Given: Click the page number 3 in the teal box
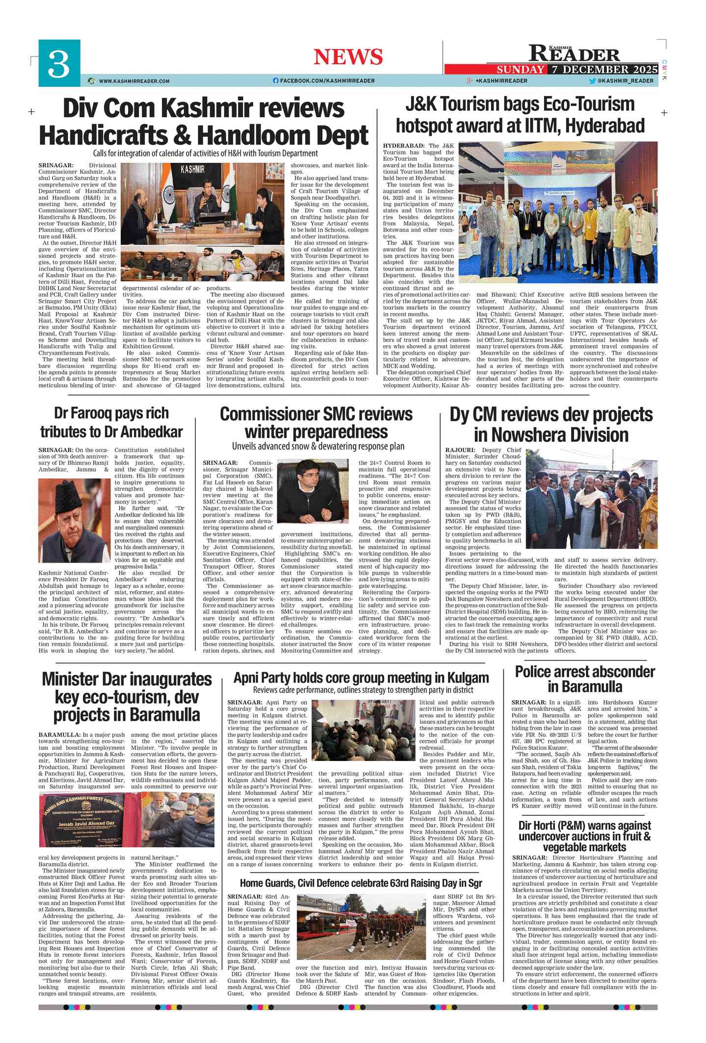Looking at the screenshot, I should point(58,64).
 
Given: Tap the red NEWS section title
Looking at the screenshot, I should point(348,57).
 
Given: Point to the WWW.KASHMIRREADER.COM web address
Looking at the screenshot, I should point(134,81).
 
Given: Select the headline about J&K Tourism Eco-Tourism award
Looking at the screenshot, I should point(520,115).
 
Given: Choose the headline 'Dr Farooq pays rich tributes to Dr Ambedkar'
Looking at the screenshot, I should point(111,422).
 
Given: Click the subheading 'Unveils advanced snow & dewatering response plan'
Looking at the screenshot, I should point(318,446).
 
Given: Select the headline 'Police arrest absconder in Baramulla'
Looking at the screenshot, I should point(584,679).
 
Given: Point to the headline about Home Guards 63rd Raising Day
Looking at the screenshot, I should point(361,883).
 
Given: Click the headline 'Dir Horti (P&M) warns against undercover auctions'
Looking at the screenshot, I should point(584,837).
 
